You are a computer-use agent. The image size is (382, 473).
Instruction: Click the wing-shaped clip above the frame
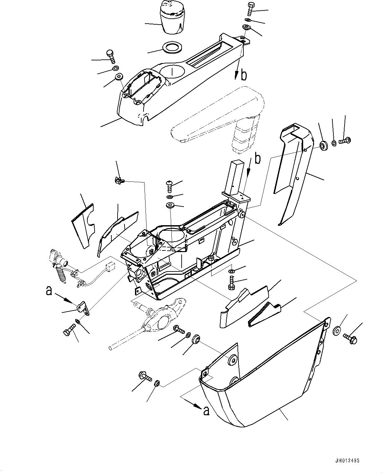[x=119, y=180]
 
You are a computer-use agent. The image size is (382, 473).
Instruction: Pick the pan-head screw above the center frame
[x=170, y=186]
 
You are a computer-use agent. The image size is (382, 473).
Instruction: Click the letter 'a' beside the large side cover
[x=206, y=411]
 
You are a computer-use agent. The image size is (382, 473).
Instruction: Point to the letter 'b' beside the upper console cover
[x=243, y=75]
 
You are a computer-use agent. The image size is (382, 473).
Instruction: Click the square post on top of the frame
[x=236, y=177]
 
